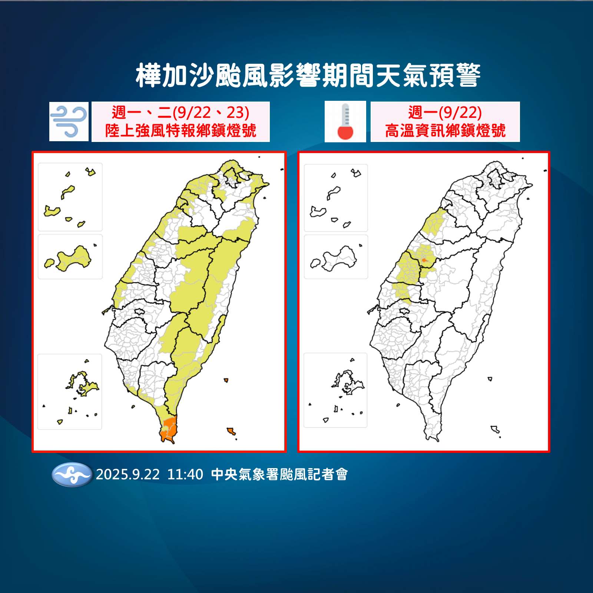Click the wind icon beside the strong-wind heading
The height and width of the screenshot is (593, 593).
point(69,121)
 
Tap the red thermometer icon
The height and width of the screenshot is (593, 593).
point(345,122)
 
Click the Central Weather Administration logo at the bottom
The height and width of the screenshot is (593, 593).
point(72,474)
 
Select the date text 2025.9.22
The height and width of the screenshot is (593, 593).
point(128,474)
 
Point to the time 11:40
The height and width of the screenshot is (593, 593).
point(185,474)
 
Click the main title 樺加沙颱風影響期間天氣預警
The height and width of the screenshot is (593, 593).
point(308,76)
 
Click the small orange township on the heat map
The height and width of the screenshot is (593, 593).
point(424,261)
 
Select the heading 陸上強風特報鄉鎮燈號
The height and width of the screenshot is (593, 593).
point(181,131)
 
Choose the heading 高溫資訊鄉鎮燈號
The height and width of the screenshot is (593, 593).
point(445,131)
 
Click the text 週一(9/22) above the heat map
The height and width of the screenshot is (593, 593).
point(445,112)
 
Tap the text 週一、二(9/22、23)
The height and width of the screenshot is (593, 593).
point(181,112)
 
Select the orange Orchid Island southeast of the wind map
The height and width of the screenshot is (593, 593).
point(231,431)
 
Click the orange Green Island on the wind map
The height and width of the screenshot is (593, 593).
point(226,380)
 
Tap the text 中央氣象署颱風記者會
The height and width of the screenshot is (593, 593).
point(279,474)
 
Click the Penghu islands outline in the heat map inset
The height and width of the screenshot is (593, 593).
point(347,383)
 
